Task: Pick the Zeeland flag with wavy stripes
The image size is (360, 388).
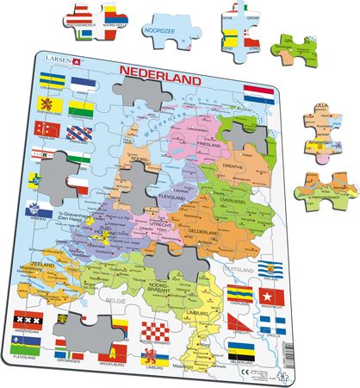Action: point(272,269)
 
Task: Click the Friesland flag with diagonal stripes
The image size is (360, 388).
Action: point(83,135)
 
